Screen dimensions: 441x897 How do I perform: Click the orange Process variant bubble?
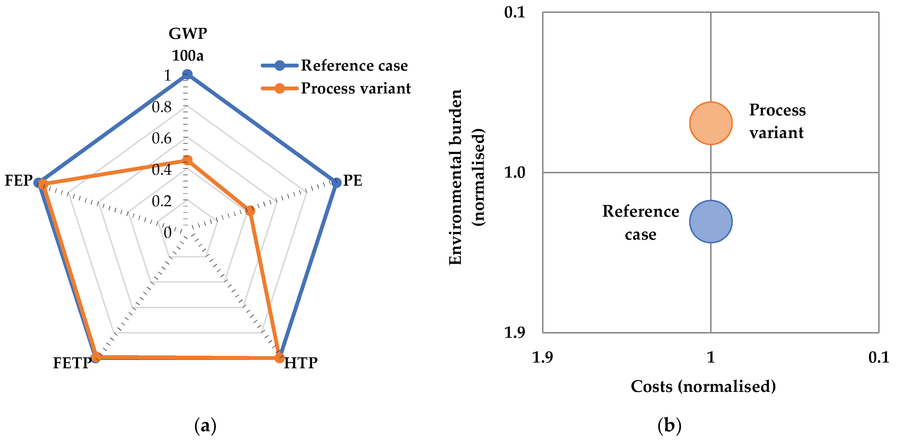710,123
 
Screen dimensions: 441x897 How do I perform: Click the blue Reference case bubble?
710,221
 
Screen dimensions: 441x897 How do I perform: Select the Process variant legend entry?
355,88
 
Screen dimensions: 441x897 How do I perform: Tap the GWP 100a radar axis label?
188,44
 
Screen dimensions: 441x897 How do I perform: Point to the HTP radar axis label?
300,363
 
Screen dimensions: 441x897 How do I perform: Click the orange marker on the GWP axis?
187,160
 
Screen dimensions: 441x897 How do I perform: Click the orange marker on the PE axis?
250,210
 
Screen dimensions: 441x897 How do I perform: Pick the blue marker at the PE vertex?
336,182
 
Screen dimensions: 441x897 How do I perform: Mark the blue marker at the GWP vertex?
187,74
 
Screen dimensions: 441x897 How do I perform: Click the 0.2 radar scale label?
162,201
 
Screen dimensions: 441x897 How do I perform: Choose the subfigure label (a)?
205,426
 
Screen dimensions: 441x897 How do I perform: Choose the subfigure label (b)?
669,426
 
